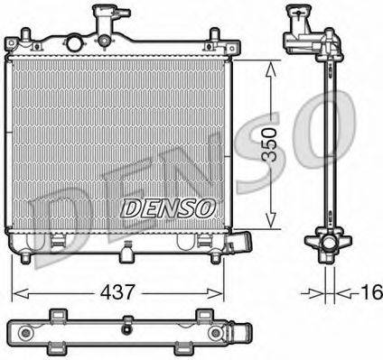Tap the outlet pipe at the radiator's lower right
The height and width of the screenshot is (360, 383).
(x=241, y=245)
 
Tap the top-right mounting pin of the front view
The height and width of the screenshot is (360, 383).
(x=213, y=37)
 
